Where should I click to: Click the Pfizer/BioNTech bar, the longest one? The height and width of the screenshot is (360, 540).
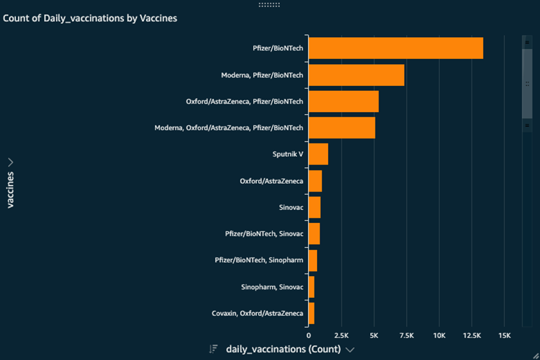tap(395, 49)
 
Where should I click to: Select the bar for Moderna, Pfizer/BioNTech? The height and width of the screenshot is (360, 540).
tap(356, 75)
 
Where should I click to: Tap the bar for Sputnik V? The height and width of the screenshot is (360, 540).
tap(318, 154)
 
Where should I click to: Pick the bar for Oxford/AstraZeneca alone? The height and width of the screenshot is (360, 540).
tap(315, 181)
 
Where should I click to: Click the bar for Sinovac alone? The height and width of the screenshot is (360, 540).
tap(314, 208)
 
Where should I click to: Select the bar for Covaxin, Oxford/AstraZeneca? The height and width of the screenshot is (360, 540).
tap(311, 313)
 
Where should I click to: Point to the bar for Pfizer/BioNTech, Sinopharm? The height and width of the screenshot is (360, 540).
tap(313, 260)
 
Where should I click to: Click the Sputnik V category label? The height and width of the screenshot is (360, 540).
tap(288, 154)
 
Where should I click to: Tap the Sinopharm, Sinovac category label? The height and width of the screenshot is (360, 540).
tap(272, 287)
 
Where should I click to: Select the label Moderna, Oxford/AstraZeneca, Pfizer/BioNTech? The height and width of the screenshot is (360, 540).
tap(229, 128)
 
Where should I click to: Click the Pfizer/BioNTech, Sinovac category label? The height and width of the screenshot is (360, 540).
tap(264, 234)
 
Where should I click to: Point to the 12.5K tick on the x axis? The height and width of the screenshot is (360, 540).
tap(471, 336)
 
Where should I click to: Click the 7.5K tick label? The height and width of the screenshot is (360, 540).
tap(406, 336)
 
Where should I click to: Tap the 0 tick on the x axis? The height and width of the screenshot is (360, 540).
tap(309, 336)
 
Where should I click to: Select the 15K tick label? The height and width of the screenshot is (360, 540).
tap(504, 336)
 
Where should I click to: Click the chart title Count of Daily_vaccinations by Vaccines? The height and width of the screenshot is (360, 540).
tap(90, 19)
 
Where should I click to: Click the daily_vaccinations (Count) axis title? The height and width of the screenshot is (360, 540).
tap(283, 350)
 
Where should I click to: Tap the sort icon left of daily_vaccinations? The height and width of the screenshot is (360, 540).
tap(213, 350)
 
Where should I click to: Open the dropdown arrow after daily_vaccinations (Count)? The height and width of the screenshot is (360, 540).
tap(350, 350)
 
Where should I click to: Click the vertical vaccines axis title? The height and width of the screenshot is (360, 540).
tap(10, 190)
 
